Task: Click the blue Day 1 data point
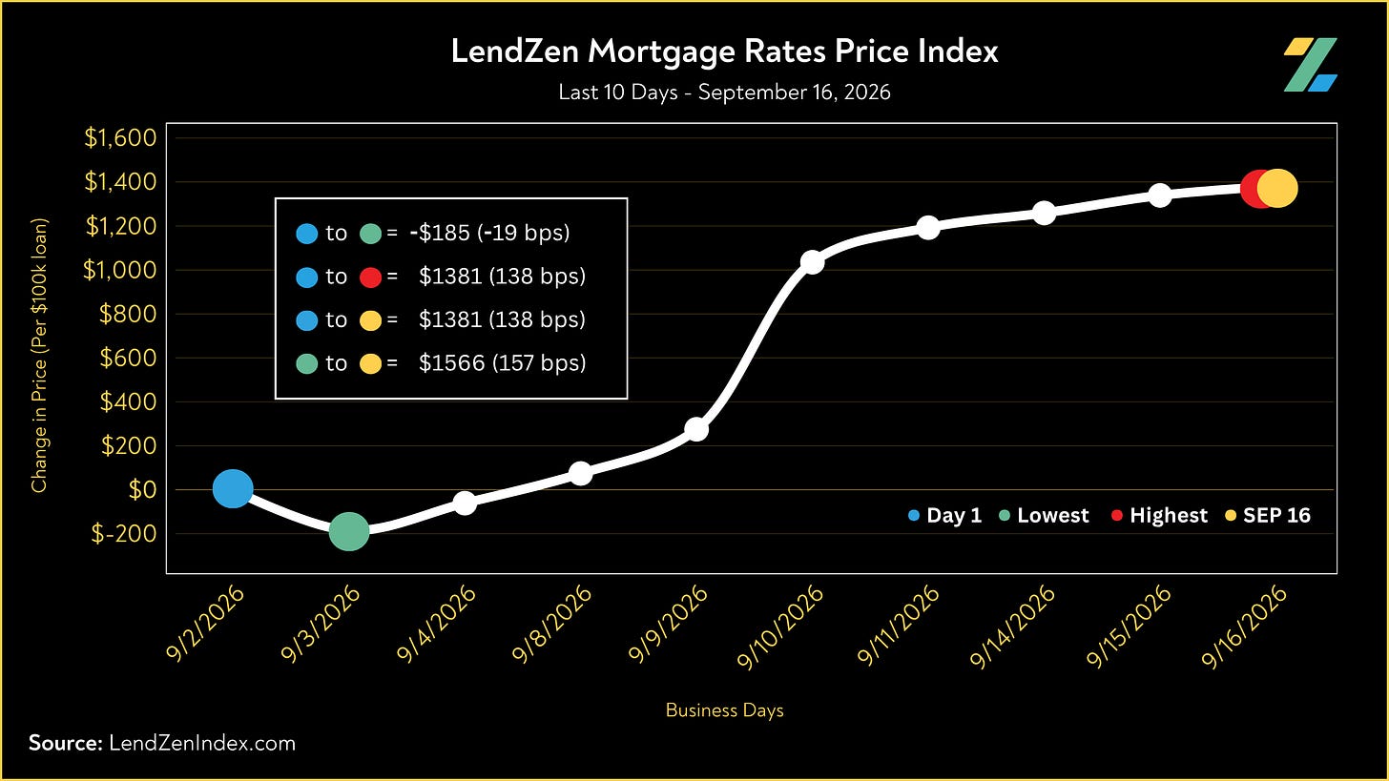233,488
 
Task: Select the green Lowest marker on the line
349,531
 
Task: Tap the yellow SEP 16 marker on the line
1277,189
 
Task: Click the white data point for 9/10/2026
812,262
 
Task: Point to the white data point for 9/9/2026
695,429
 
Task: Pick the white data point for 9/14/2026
1045,214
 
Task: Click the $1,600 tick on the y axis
120,137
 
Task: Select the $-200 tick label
124,533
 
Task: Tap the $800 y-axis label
128,314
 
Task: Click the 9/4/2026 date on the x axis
437,624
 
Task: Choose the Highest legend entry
1160,515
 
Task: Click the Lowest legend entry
1045,515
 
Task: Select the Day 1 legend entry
944,515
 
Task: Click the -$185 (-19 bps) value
489,233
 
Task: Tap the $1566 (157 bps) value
502,362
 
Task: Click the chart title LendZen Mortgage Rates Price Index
724,51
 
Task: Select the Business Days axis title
724,710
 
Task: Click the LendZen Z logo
1310,65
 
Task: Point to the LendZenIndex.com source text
202,743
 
